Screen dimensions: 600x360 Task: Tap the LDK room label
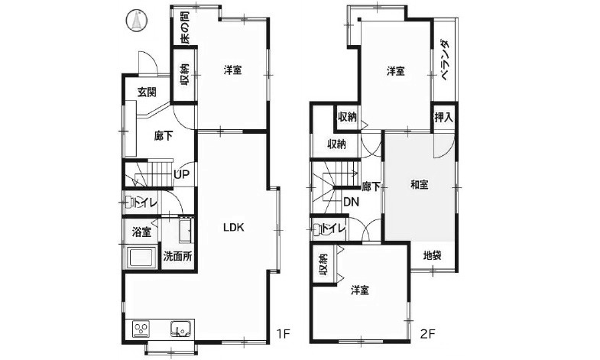pos(233,227)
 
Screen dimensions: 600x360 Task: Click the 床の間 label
pos(184,28)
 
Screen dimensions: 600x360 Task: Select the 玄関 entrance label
pos(147,92)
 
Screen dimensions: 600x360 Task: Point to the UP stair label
pos(181,174)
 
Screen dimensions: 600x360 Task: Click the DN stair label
pos(351,202)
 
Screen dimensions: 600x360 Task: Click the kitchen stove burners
pos(141,329)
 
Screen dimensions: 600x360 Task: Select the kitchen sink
pos(180,329)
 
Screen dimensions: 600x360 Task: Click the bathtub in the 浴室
pos(141,258)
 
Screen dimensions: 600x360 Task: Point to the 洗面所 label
pos(177,256)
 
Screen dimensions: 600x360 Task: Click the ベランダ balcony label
pos(444,60)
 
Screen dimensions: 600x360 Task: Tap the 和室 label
pos(419,185)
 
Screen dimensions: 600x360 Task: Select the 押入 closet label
pos(443,118)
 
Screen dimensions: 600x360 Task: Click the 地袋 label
pos(432,255)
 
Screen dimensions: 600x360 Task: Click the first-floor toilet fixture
pos(130,202)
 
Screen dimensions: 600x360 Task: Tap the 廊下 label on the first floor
pos(164,136)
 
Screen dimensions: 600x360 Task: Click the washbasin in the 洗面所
pos(185,230)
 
